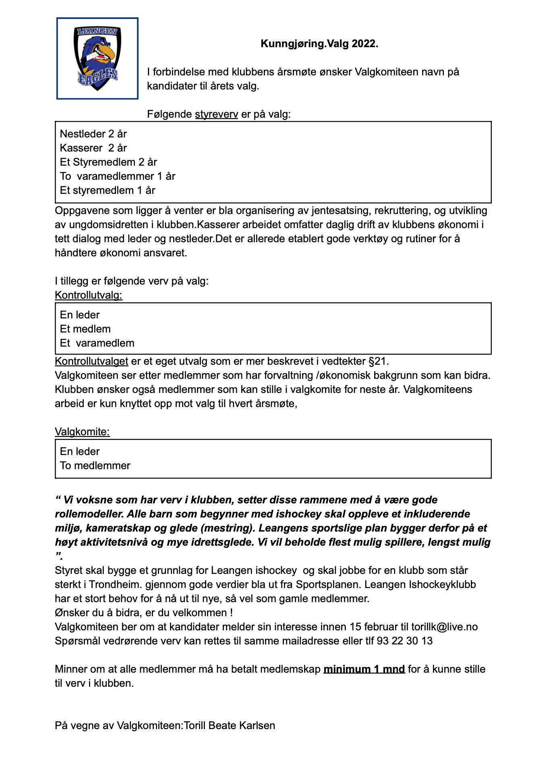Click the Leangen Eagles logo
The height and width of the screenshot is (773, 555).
click(x=97, y=58)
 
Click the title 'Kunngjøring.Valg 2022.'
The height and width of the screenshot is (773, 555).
click(x=319, y=44)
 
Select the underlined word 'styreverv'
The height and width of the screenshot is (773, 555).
click(x=216, y=114)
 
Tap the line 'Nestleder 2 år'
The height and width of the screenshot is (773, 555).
click(x=93, y=134)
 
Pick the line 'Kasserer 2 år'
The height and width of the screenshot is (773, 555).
click(x=93, y=148)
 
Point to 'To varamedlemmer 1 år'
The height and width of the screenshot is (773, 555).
click(x=118, y=176)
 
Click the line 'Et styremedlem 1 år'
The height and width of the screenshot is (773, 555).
click(x=108, y=190)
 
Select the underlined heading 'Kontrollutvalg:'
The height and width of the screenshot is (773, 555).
click(x=89, y=295)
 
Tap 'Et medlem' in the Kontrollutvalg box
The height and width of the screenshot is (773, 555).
click(x=85, y=329)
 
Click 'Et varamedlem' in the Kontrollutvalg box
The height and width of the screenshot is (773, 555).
click(x=97, y=343)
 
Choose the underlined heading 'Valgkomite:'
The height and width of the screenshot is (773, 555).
click(x=82, y=432)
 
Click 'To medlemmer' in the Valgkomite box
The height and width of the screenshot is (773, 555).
click(x=95, y=465)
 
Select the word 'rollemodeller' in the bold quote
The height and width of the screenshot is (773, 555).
click(x=88, y=514)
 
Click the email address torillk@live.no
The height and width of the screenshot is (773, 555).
click(x=444, y=627)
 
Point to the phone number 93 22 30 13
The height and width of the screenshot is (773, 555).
click(x=404, y=641)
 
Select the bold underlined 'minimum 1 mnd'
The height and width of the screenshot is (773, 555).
click(x=364, y=669)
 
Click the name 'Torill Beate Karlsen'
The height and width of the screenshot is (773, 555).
click(x=229, y=725)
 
